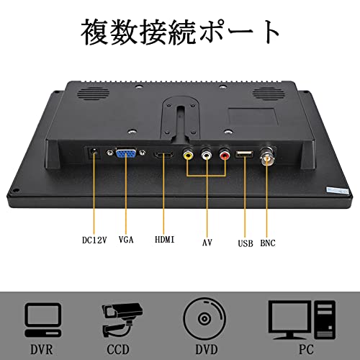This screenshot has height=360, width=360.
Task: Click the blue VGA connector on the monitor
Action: tap(126, 153)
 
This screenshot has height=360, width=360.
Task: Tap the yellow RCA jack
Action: tap(188, 155)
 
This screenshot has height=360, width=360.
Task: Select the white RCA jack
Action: tap(207, 155)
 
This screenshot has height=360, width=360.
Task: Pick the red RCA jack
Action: tap(225, 155)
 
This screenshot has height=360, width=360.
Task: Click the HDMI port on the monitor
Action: tap(163, 155)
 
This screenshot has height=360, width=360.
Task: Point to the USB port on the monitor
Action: tap(245, 154)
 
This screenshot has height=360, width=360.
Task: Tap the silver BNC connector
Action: tap(268, 156)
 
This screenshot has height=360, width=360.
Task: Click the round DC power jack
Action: tap(94, 152)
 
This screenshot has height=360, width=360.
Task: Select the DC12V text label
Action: tap(94, 240)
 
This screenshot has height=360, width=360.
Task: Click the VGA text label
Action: tap(126, 239)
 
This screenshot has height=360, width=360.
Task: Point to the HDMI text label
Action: tap(165, 239)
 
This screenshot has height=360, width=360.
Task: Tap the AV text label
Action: tap(207, 243)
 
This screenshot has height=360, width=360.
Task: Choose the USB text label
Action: tap(246, 243)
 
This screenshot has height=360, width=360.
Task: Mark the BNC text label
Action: tap(268, 243)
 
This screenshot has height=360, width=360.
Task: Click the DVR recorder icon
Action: tap(43, 320)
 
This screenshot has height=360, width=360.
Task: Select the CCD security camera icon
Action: tap(122, 320)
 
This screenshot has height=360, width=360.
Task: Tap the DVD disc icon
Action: tap(204, 319)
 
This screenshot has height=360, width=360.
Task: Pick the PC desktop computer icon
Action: tap(302, 320)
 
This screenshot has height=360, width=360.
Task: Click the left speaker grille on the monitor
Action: tap(93, 94)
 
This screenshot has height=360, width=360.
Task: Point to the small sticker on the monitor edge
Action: tap(338, 191)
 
